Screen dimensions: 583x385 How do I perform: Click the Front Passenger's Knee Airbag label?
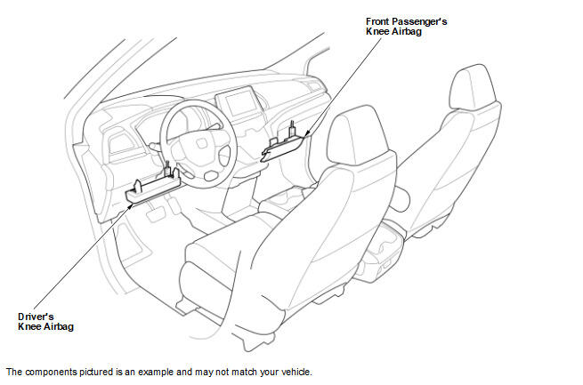(406, 27)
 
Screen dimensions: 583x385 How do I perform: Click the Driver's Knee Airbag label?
(45, 322)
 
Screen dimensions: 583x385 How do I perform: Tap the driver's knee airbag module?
(153, 186)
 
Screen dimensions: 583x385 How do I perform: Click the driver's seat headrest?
(357, 134)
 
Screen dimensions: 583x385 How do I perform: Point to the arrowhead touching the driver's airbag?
(130, 205)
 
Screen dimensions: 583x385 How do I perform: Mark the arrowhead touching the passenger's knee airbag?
(306, 134)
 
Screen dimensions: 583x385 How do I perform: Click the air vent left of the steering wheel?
(121, 144)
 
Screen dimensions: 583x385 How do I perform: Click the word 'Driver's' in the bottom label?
(36, 317)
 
